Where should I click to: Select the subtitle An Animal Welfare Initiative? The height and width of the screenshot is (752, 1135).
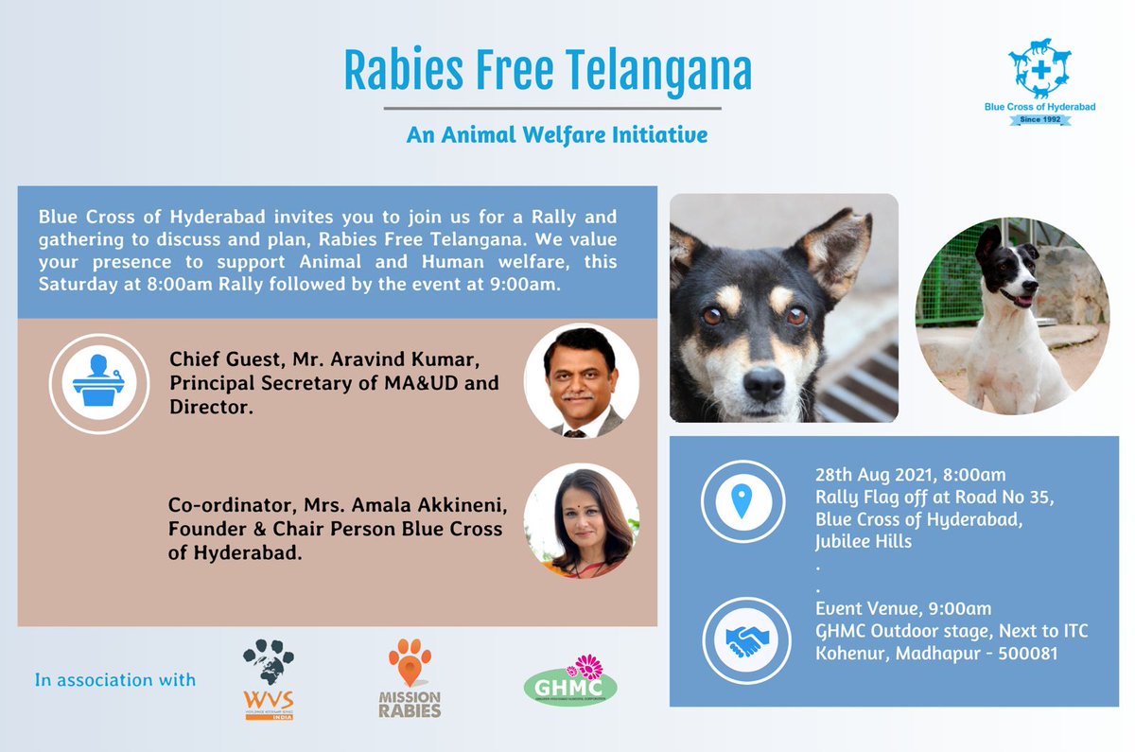pyautogui.click(x=557, y=135)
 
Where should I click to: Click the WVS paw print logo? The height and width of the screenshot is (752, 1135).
pyautogui.click(x=268, y=668)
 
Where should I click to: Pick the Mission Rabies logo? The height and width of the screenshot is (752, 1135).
pyautogui.click(x=410, y=676)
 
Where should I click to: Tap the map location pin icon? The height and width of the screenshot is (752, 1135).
pyautogui.click(x=741, y=502)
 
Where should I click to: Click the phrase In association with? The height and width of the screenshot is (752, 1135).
pyautogui.click(x=115, y=679)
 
